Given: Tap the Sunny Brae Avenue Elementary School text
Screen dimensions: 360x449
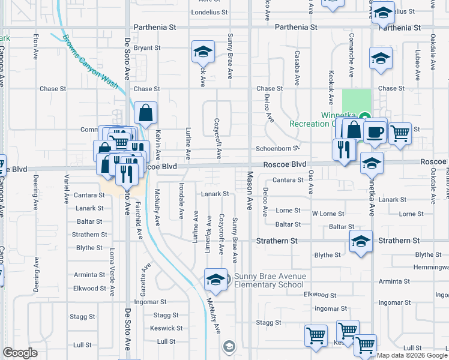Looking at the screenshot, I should click(x=270, y=280).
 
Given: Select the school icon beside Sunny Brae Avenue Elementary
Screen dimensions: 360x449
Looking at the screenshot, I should click(x=215, y=280).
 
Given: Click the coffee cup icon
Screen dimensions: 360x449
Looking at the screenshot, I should click(x=376, y=131).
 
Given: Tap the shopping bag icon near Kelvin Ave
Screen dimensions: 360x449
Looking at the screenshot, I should click(x=146, y=112).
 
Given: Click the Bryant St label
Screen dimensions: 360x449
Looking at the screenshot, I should click(x=147, y=48).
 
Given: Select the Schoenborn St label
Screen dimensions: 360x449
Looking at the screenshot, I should click(x=277, y=148).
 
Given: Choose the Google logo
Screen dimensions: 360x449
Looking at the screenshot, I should click(x=20, y=353).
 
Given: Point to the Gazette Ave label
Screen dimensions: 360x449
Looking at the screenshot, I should click(x=144, y=276).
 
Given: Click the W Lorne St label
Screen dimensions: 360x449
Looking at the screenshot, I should click(x=328, y=214).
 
